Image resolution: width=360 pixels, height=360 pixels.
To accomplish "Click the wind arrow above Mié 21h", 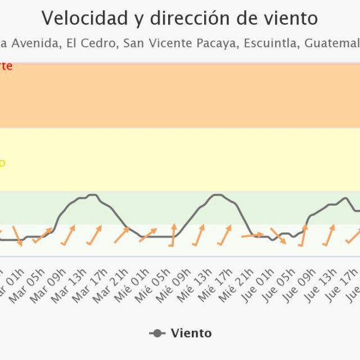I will [x=252, y=236].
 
